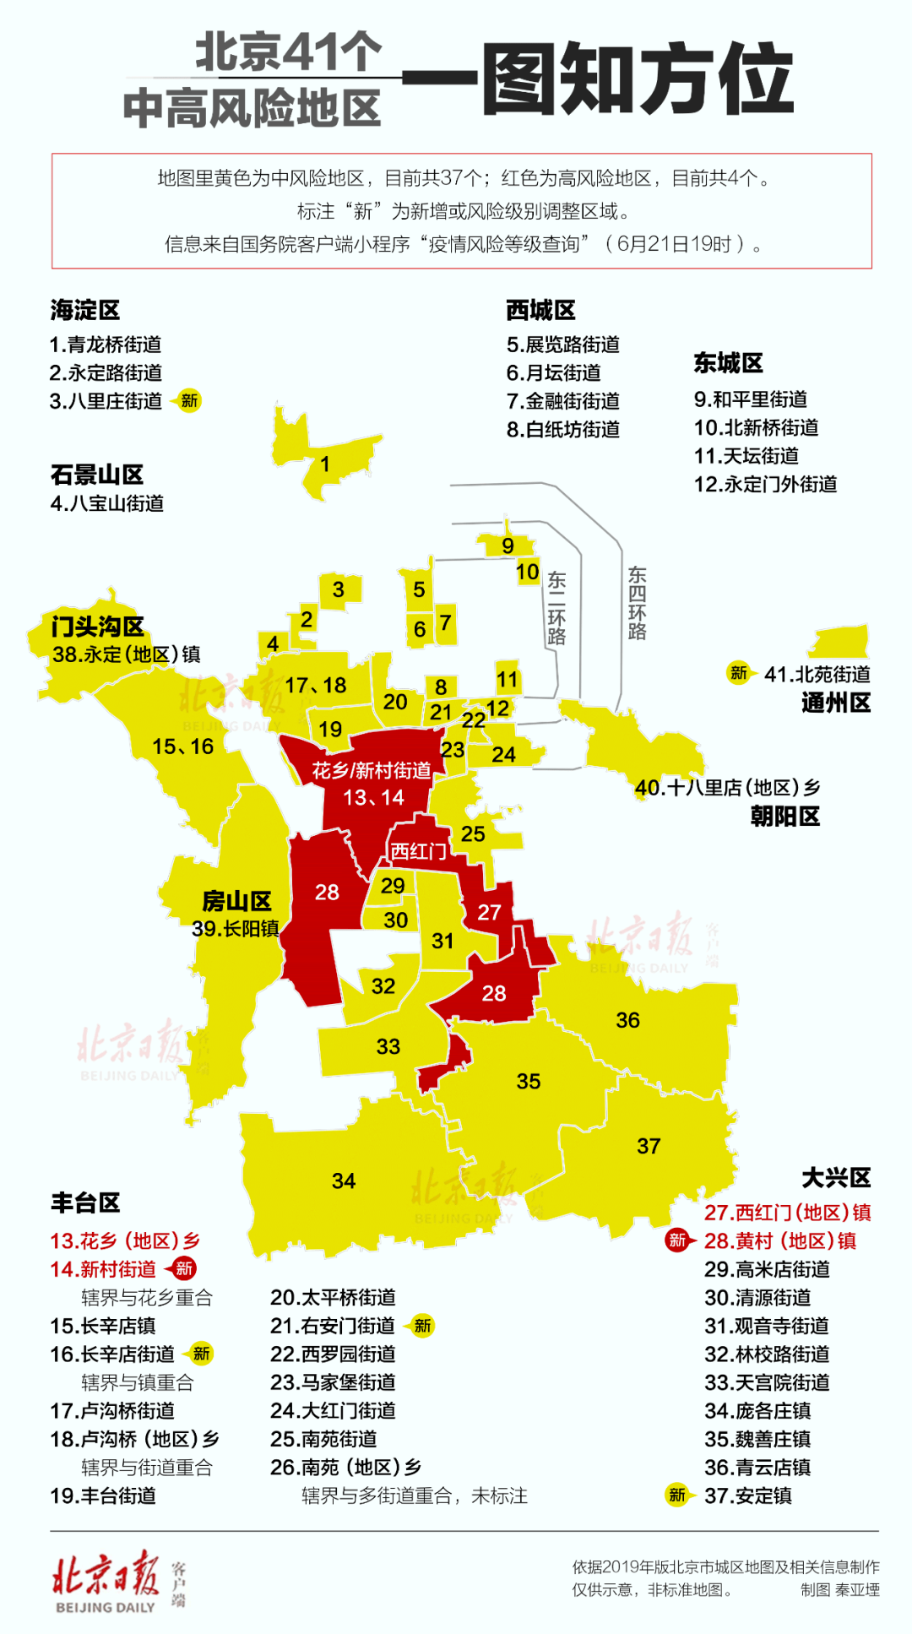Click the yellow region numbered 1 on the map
coord(325,464)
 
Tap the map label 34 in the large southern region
coord(343,1181)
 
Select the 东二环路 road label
coord(556,608)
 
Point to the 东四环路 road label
coord(637,603)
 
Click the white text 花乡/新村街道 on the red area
coord(372,770)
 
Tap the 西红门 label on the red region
coord(418,851)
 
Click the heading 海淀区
coord(84,310)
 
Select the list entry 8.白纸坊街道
coord(562,430)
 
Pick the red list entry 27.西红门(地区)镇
coord(787,1213)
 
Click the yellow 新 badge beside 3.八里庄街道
coord(189,401)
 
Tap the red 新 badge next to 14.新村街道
coord(183,1268)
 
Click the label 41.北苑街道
coord(817,674)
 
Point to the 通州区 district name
coord(835,703)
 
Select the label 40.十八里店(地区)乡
coord(727,788)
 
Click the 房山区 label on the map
coord(236,901)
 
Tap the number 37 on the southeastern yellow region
coord(648,1146)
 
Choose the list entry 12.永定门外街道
coord(765,484)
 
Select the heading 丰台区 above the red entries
coord(84,1202)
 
